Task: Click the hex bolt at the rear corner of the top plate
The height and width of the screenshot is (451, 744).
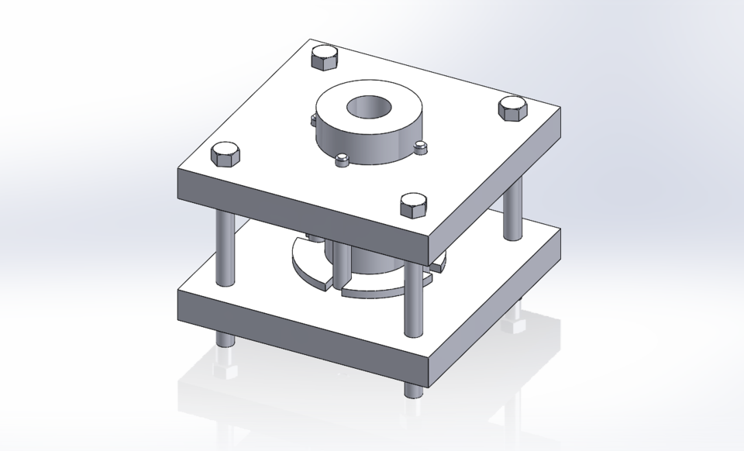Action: [x=325, y=58]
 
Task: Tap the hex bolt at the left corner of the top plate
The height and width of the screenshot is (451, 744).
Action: [x=225, y=155]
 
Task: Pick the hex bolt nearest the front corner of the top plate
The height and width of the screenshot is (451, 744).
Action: [x=413, y=205]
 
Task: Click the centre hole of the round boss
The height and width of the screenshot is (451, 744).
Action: [x=369, y=107]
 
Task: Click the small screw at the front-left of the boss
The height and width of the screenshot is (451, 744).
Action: [x=341, y=160]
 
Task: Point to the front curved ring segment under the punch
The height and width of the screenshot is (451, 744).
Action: [x=372, y=290]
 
